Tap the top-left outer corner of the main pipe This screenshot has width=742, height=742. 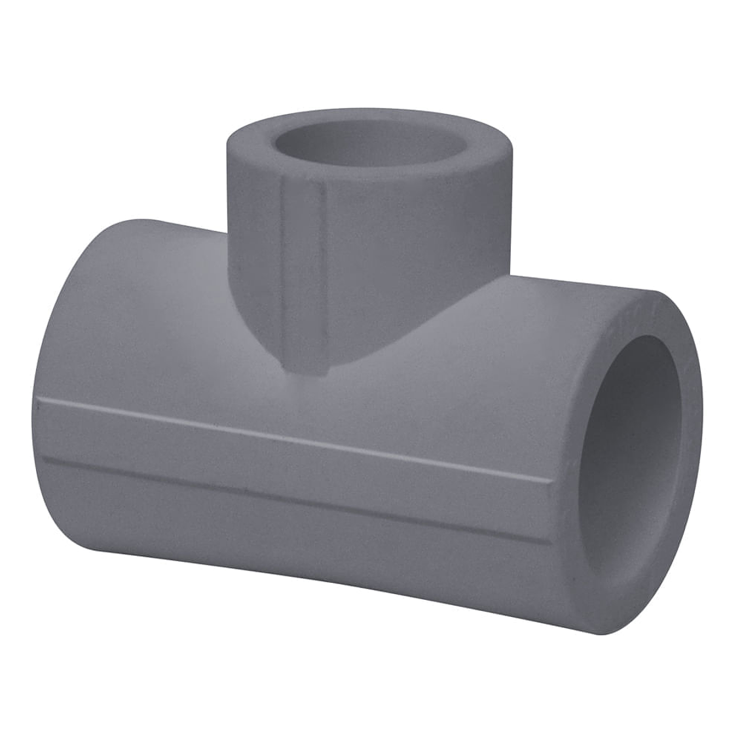tap(105, 226)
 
